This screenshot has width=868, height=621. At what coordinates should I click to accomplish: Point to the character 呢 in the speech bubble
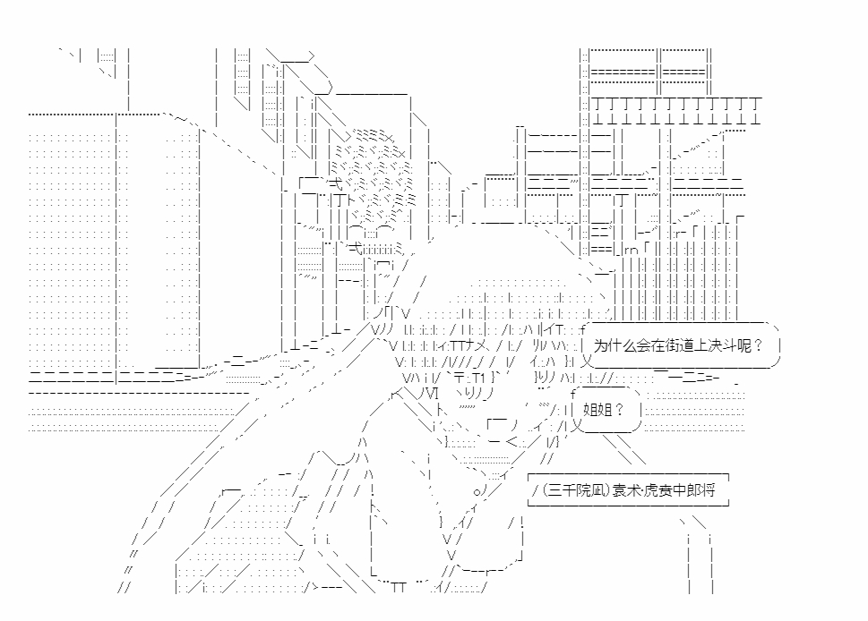[743, 345]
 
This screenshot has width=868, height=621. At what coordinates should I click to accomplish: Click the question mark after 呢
[758, 345]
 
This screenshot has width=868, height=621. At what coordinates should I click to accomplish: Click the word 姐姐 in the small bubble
[597, 410]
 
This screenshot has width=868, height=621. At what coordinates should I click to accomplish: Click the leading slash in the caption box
[536, 490]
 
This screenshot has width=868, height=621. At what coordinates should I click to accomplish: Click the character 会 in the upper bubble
[642, 345]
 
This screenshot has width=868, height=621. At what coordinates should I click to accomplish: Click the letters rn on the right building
[632, 250]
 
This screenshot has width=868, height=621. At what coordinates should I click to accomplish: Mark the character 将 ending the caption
[709, 490]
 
